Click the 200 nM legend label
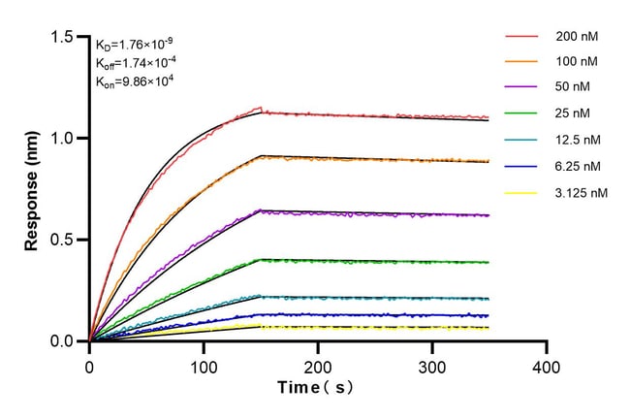577,37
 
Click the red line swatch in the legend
521,37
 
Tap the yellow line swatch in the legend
521,193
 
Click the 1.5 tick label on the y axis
65,37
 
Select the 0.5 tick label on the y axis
65,240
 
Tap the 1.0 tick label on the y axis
65,138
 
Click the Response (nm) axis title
33,189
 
